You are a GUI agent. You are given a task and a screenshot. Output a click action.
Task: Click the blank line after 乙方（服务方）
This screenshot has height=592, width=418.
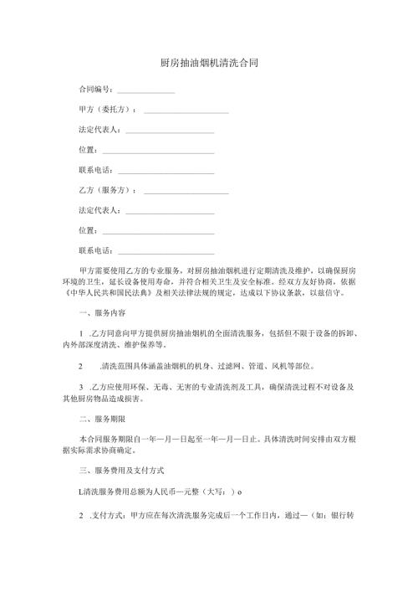coord(186,193)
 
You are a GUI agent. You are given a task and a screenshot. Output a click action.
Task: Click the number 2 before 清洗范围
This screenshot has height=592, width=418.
coord(80,366)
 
